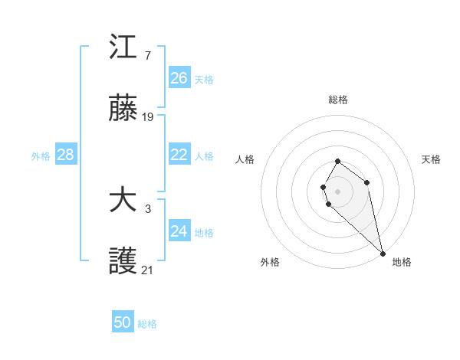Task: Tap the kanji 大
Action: [123, 201]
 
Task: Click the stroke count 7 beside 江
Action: [147, 55]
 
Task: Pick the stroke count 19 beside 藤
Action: [148, 118]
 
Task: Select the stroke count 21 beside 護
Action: [148, 270]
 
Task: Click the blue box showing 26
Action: [179, 78]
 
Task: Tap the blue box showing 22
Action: [179, 155]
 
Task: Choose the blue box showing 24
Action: [179, 231]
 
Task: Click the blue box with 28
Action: [66, 155]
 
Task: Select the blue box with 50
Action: [123, 322]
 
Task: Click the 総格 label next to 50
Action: [147, 324]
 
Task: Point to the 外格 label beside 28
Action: [41, 156]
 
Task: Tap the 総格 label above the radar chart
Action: [338, 100]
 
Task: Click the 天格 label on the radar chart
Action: [431, 159]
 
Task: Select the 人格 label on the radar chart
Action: [245, 159]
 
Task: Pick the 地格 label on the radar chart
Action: [402, 262]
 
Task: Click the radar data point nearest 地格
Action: [383, 254]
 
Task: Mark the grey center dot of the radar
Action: [338, 191]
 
